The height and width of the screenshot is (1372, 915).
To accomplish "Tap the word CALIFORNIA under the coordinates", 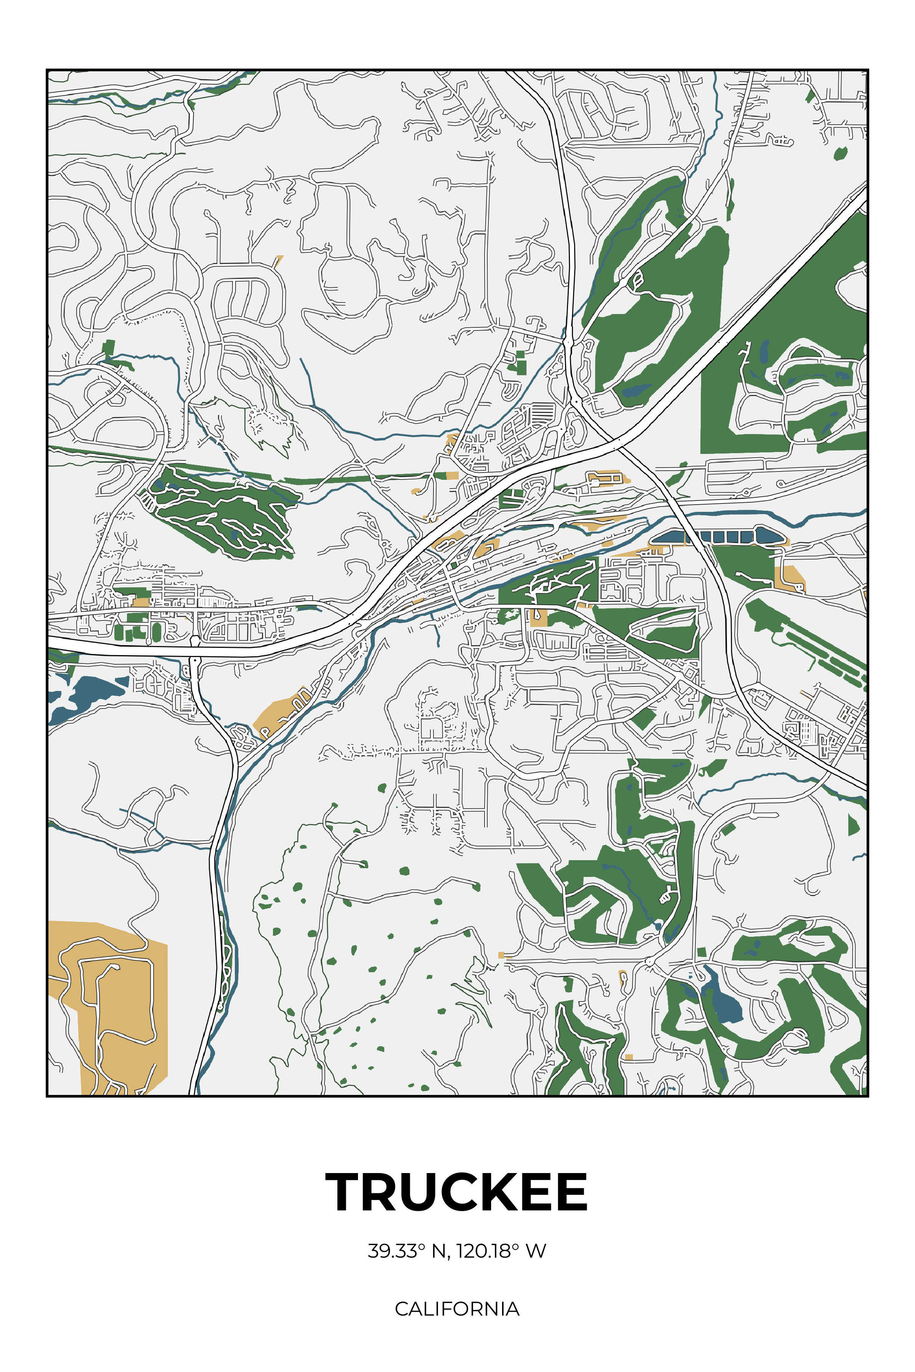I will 457,1308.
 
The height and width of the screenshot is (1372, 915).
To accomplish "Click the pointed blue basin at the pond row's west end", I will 668,537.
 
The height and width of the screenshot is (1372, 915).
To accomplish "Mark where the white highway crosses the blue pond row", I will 692,537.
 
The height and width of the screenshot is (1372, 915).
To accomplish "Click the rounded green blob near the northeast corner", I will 840,154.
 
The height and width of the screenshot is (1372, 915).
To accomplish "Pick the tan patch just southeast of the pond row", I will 791,577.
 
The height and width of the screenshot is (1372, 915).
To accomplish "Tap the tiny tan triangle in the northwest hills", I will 279,260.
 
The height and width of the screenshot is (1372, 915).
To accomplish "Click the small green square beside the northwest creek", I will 108,348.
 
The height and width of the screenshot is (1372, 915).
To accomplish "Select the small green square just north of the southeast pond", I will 701,952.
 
